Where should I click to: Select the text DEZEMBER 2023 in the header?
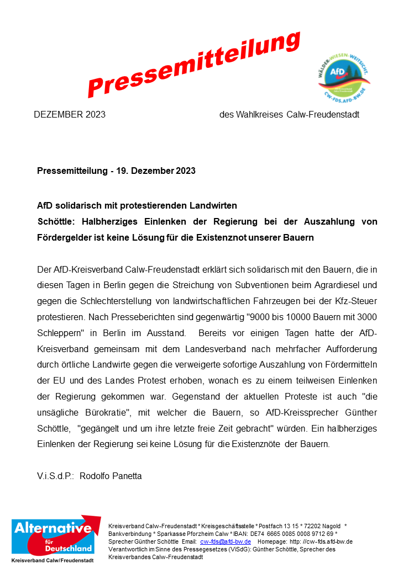70,115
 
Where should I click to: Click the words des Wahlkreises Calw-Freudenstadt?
289,115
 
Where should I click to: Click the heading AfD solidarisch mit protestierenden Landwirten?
137,206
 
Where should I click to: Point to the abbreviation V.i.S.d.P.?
55,476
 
